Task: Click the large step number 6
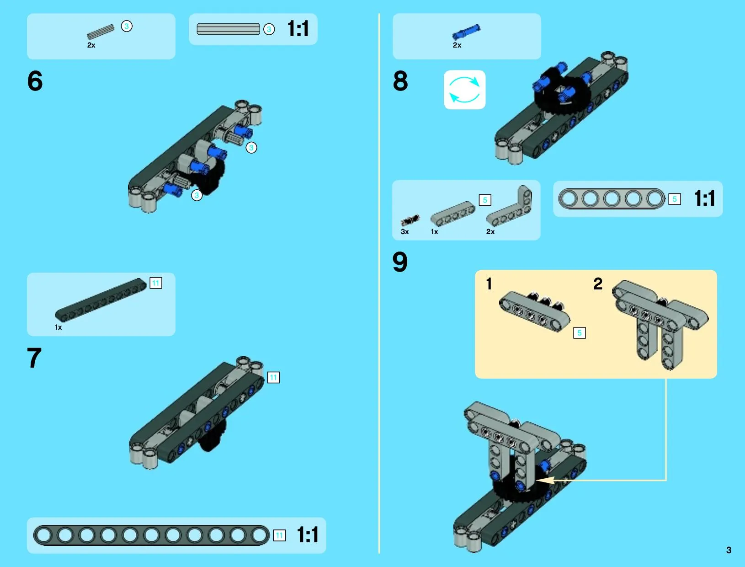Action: (x=35, y=81)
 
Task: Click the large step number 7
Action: (x=34, y=358)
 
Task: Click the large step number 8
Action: (x=400, y=81)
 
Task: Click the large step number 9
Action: (x=400, y=262)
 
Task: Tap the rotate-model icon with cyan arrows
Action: (x=465, y=90)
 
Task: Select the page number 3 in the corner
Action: (x=729, y=550)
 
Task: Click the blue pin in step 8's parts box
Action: (x=466, y=32)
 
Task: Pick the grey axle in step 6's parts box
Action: (x=101, y=32)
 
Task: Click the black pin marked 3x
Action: (x=410, y=220)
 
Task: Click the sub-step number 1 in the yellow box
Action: (x=489, y=284)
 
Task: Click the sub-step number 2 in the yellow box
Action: (x=598, y=284)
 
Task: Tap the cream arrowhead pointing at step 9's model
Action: (x=545, y=480)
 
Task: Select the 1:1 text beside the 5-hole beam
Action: (x=705, y=198)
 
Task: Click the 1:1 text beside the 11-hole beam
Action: (x=308, y=535)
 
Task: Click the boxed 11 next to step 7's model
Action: (x=274, y=378)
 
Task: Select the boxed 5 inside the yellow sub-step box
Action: (x=580, y=333)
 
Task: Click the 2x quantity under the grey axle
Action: (x=91, y=45)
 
